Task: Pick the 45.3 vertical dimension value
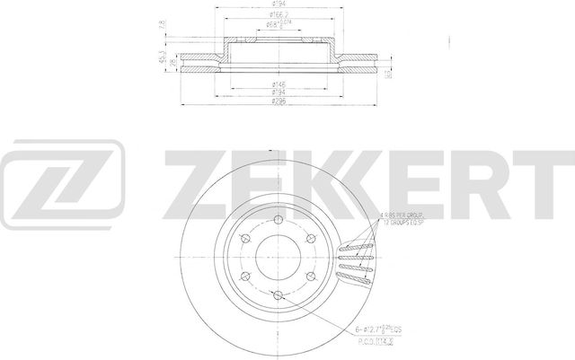(x=161, y=58)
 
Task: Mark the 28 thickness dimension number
(x=171, y=64)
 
